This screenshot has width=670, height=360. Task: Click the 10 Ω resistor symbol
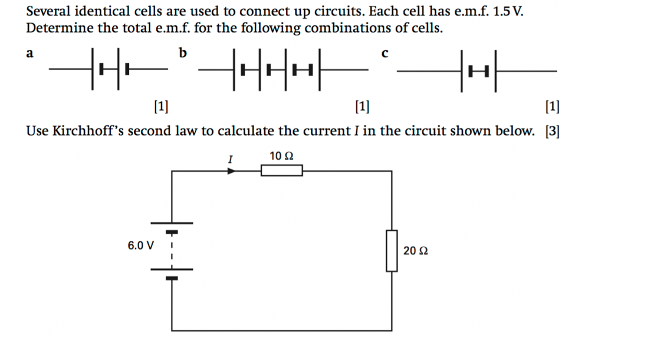pyautogui.click(x=282, y=171)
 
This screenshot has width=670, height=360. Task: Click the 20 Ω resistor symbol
pyautogui.click(x=391, y=250)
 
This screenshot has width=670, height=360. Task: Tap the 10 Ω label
pyautogui.click(x=281, y=156)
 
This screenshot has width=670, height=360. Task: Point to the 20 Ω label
pyautogui.click(x=416, y=251)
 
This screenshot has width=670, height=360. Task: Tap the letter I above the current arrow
pyautogui.click(x=231, y=158)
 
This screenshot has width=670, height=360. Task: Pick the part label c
pyautogui.click(x=385, y=54)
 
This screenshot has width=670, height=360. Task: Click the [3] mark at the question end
pyautogui.click(x=552, y=131)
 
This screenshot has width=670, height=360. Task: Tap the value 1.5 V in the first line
pyautogui.click(x=503, y=12)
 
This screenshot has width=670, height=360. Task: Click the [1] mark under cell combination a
pyautogui.click(x=160, y=107)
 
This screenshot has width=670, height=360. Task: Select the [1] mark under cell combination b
pyautogui.click(x=363, y=107)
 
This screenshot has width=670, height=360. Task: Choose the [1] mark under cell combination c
pyautogui.click(x=553, y=107)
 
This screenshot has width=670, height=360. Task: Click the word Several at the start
pyautogui.click(x=48, y=12)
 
